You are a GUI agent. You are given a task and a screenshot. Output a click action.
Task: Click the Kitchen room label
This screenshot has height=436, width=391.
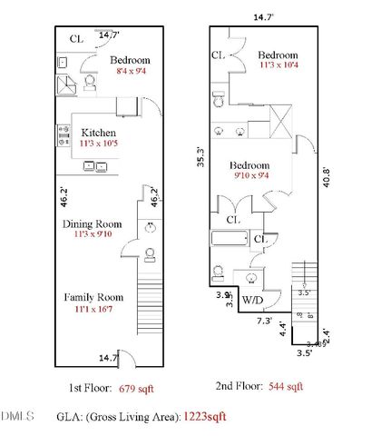pyautogui.click(x=98, y=132)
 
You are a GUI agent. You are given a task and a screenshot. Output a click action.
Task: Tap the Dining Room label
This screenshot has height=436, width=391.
pyautogui.click(x=92, y=223)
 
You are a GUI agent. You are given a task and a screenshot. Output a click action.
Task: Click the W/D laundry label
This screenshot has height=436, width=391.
pyautogui.click(x=251, y=300)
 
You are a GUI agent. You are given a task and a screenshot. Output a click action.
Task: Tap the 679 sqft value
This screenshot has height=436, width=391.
pyautogui.click(x=137, y=387)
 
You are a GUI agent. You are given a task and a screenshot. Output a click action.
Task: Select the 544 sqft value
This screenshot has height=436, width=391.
pyautogui.click(x=286, y=387)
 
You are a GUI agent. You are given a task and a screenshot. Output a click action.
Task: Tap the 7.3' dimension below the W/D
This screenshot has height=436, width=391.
pyautogui.click(x=265, y=321)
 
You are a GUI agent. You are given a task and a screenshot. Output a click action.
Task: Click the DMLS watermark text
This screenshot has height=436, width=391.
pyautogui.click(x=17, y=416)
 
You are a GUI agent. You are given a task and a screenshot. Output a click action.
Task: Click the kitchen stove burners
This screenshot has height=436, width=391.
pyautogui.click(x=64, y=135)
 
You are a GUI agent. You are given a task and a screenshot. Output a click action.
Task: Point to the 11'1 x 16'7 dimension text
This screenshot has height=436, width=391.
pyautogui.click(x=92, y=310)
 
